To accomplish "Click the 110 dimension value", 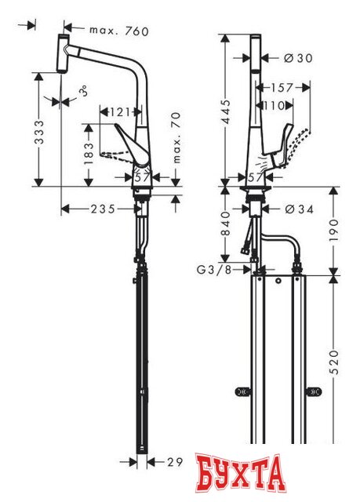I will point(274,105).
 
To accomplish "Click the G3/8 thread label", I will point(212,271).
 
